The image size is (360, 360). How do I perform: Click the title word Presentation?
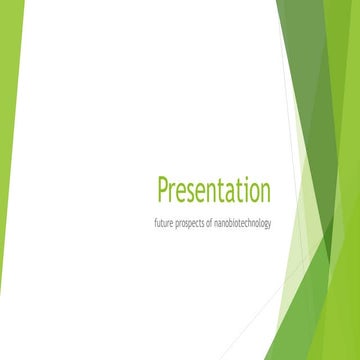click(214, 190)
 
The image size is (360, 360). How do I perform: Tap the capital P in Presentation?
click(164, 189)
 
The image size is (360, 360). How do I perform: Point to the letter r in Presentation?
click(176, 192)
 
